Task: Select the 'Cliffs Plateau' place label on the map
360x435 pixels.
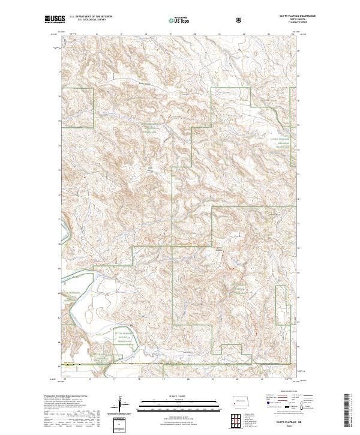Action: tap(218, 248)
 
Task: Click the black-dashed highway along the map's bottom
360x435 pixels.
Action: tap(180, 364)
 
